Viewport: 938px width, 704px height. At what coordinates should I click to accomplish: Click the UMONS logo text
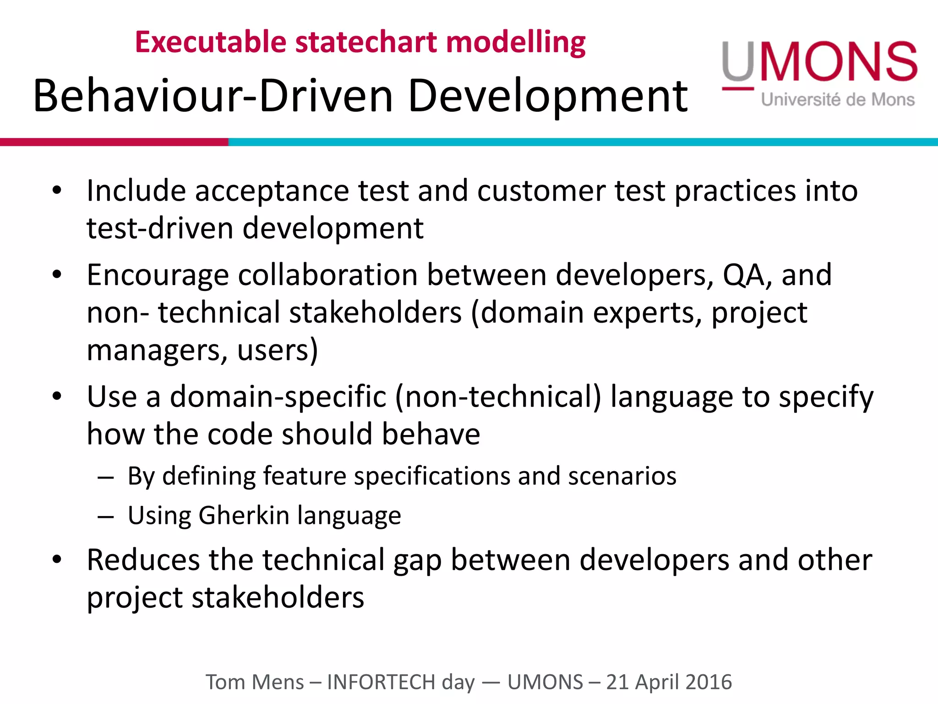pos(820,62)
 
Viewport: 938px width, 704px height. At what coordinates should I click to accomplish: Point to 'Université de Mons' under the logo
pos(838,99)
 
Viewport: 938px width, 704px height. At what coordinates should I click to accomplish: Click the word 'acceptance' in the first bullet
pos(272,191)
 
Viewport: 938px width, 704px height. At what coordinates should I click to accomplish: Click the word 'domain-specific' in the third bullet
pos(278,396)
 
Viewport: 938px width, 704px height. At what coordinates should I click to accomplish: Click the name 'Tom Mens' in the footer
pos(255,682)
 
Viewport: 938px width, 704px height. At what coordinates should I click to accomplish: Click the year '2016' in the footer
pos(709,682)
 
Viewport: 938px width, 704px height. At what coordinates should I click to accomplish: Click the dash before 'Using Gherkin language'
pos(106,517)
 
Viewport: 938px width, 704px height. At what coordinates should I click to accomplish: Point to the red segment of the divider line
pos(114,142)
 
